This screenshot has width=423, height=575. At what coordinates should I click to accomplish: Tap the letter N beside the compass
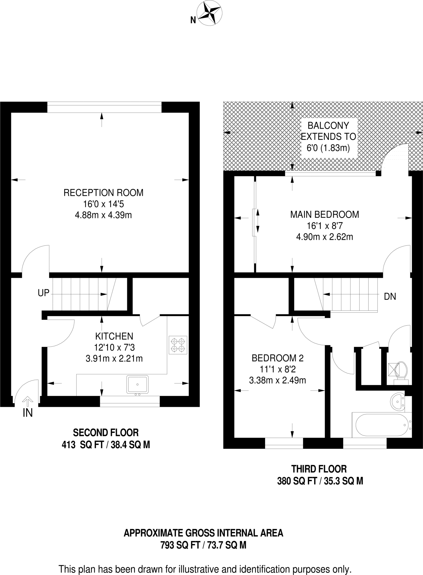(x=193, y=20)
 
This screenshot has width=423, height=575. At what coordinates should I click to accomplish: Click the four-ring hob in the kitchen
(x=178, y=345)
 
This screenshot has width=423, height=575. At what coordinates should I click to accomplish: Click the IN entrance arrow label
(x=27, y=413)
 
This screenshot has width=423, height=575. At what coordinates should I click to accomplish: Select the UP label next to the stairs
(x=43, y=293)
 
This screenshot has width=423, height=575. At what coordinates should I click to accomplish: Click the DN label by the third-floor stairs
(x=390, y=296)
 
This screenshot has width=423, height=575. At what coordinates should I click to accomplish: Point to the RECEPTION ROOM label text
(x=104, y=193)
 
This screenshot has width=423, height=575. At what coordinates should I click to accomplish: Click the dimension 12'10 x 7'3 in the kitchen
(x=114, y=348)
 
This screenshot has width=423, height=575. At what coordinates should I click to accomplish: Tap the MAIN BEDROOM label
(x=325, y=215)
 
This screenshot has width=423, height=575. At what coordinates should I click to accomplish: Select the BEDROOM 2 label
(x=277, y=358)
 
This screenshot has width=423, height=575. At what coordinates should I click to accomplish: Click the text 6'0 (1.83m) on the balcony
(x=328, y=148)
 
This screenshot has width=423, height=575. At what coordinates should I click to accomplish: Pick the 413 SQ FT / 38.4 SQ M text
(x=106, y=445)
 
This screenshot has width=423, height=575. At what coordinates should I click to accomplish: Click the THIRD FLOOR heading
(x=319, y=469)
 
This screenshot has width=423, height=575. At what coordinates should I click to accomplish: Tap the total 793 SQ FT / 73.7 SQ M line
(x=203, y=545)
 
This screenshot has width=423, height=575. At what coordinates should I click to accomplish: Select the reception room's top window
(x=104, y=108)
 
